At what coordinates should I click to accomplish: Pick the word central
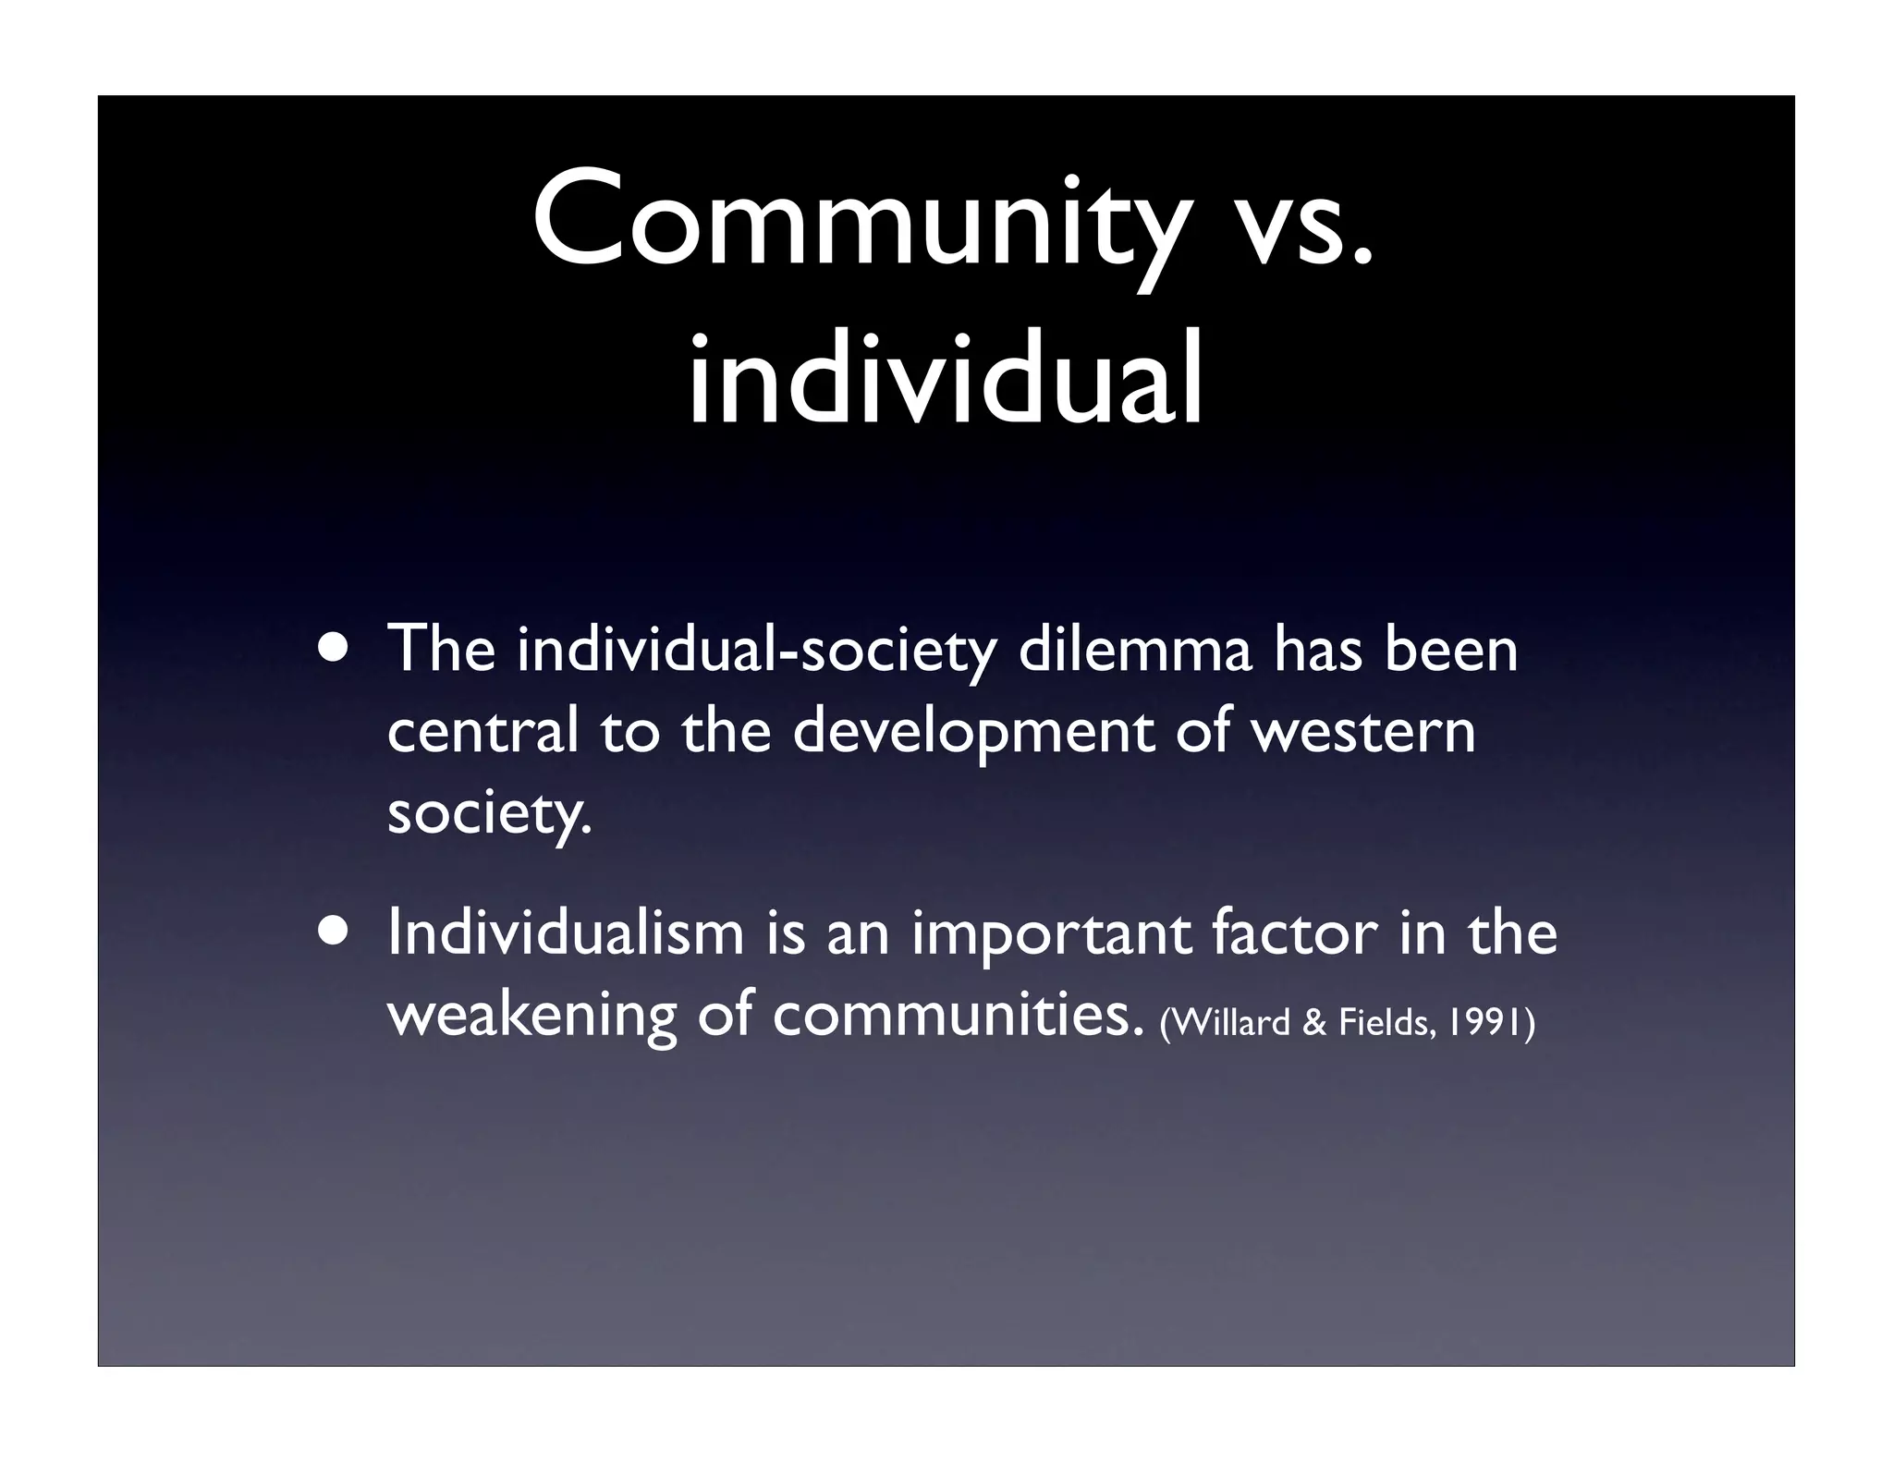click(482, 731)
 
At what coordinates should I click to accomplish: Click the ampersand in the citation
click(1313, 1023)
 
